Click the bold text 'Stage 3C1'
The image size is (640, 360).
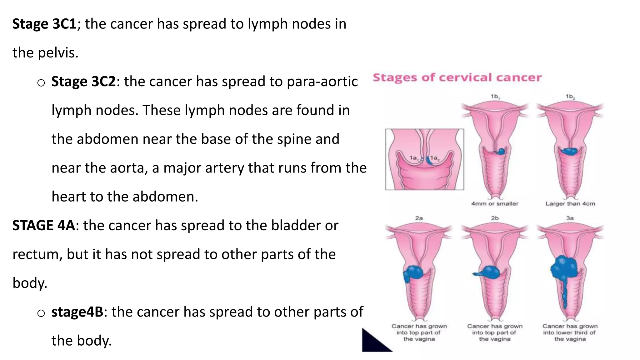(44, 24)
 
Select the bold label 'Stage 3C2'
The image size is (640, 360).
(83, 82)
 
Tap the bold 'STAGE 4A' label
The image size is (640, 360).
(43, 226)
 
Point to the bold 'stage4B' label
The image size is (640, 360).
(77, 312)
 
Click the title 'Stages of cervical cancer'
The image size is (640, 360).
(457, 77)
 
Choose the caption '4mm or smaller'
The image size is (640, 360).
(495, 204)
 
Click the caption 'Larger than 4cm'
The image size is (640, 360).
(570, 204)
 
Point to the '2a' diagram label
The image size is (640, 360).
(419, 218)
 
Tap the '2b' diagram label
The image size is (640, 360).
(495, 218)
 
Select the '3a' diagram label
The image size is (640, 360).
(570, 218)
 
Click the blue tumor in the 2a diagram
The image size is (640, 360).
(413, 274)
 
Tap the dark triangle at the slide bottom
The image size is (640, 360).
(372, 343)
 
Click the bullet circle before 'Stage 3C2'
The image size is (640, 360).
(41, 83)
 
